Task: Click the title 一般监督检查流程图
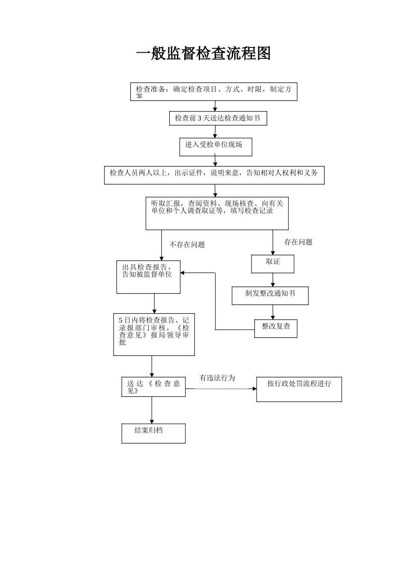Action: click(203, 54)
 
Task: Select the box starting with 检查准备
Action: click(213, 92)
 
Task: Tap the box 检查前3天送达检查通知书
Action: click(218, 118)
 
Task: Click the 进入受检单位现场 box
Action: click(215, 147)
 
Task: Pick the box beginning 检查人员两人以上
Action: click(214, 175)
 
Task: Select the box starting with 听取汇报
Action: click(217, 213)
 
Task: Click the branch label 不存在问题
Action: click(187, 245)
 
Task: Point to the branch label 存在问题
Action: click(298, 242)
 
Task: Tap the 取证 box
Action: click(272, 264)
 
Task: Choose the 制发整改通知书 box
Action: click(270, 295)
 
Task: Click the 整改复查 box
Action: click(275, 328)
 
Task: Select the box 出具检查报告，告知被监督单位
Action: click(148, 277)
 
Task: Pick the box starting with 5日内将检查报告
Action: click(154, 334)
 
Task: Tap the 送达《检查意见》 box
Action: click(153, 387)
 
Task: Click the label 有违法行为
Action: click(217, 378)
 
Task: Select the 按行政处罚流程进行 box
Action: click(299, 389)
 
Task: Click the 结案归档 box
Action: click(153, 433)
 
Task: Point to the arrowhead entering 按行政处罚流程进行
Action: click(254, 389)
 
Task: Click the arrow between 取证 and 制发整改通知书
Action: click(272, 280)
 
